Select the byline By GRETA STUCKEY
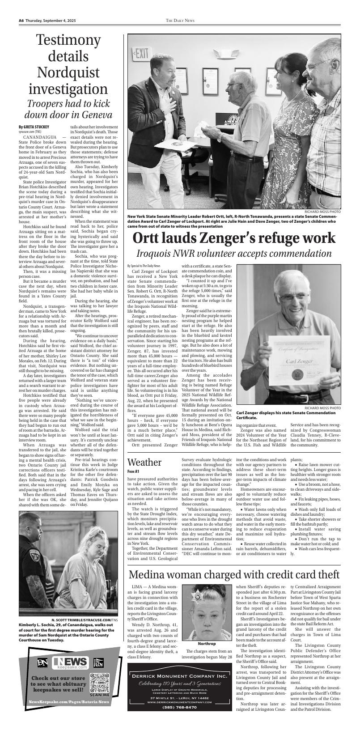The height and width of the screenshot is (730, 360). pyautogui.click(x=34, y=127)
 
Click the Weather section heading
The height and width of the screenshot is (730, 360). pyautogui.click(x=144, y=462)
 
